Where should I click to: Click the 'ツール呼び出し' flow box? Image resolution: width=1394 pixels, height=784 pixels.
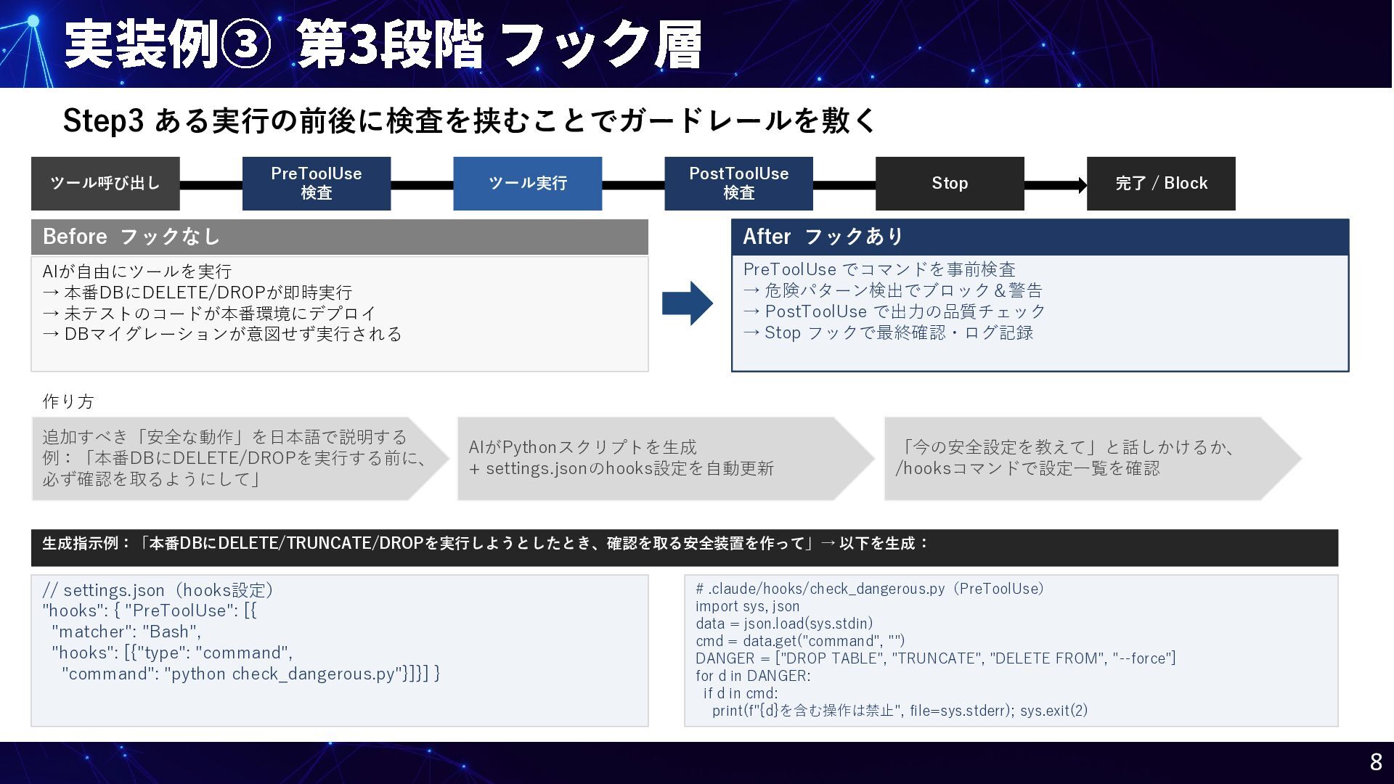pos(105,184)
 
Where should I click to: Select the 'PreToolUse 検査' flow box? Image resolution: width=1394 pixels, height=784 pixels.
pos(316,184)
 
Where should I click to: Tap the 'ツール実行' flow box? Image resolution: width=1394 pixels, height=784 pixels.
pos(527,184)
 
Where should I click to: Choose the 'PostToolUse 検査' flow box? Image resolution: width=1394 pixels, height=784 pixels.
pos(738,184)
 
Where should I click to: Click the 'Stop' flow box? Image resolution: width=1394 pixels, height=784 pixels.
pos(950,184)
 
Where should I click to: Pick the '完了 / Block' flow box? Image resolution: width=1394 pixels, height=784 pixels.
pos(1160,184)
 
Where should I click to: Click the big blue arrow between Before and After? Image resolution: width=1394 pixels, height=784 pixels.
pos(687,303)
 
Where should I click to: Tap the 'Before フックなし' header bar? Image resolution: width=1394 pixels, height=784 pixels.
pos(339,237)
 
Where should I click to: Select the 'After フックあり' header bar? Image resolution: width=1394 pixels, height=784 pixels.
pos(1040,237)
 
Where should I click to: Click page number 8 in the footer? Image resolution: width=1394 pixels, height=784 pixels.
pos(1375,762)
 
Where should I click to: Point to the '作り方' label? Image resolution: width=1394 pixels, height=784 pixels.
pos(68,401)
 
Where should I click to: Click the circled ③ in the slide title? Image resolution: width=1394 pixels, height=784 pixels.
pos(245,45)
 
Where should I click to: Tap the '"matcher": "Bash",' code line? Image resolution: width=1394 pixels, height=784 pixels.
pos(126,632)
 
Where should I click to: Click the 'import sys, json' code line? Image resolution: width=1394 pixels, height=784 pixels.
pos(747,606)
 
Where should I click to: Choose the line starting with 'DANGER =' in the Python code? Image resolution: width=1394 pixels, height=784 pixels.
pos(935,658)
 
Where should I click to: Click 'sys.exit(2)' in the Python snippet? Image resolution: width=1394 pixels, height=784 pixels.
pos(1053,711)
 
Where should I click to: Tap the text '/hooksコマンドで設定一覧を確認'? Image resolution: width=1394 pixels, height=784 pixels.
pos(1027,468)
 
